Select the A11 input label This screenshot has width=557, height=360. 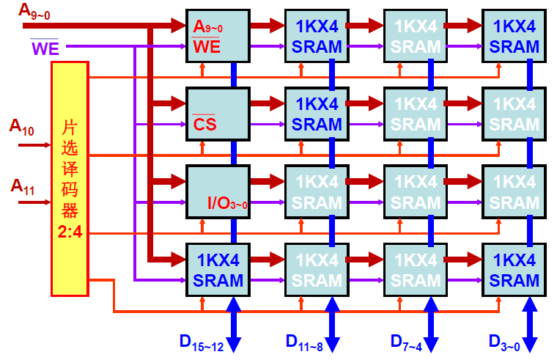tap(21, 185)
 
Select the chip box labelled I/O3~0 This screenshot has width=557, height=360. tap(218, 191)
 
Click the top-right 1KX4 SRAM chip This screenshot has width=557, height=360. tap(514, 36)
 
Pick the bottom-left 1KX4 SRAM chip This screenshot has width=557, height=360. tap(218, 269)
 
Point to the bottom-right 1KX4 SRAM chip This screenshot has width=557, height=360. tap(514, 269)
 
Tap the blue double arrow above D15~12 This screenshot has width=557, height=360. tap(234, 323)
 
